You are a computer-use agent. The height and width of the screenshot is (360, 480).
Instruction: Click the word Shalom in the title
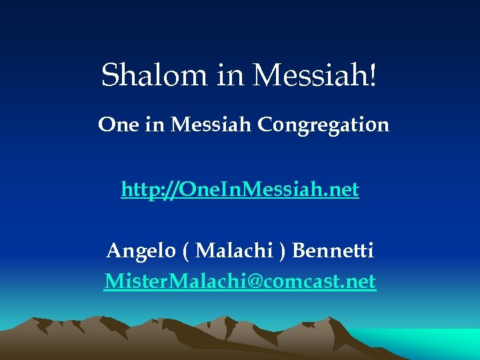point(155,75)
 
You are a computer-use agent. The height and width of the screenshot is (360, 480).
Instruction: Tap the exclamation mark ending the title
point(372,75)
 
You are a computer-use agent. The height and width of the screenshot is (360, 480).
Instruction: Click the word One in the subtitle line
point(118,124)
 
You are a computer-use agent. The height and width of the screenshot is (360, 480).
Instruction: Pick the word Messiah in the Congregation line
point(212,124)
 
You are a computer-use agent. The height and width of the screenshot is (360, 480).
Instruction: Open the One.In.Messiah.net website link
point(240,190)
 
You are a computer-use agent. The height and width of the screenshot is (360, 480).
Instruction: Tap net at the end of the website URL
point(345,190)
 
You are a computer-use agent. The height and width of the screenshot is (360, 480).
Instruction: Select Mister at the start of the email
point(129,281)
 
